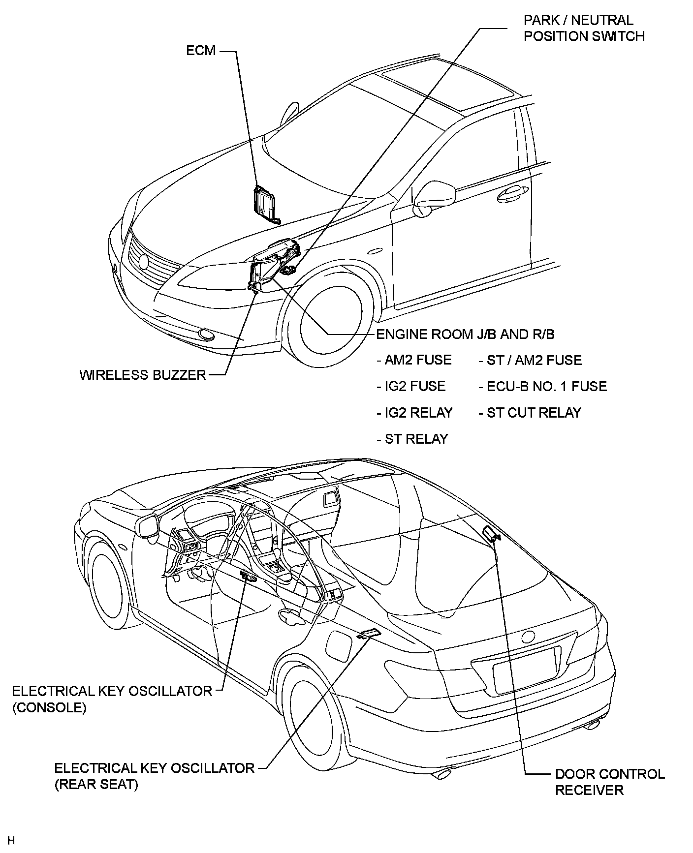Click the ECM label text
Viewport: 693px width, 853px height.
tap(201, 51)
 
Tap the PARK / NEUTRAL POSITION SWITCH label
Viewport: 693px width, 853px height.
tap(584, 28)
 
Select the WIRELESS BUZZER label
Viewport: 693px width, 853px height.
tap(143, 375)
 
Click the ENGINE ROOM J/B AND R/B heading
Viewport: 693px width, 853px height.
tap(465, 335)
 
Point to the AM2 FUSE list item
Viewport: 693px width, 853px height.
tap(414, 360)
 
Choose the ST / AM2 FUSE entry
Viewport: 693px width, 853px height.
tap(530, 360)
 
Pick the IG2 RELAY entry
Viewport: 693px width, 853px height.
tap(414, 413)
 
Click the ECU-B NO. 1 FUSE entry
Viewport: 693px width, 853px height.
tap(542, 387)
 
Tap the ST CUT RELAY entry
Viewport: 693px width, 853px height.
tap(530, 413)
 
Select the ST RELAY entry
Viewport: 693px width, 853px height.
tap(412, 439)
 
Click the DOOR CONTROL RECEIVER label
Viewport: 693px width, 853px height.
tap(610, 782)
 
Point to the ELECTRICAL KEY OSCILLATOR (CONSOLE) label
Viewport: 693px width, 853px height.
tap(112, 699)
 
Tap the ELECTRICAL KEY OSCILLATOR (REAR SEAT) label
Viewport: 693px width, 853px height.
tap(154, 776)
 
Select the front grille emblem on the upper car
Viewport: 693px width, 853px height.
tap(143, 262)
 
